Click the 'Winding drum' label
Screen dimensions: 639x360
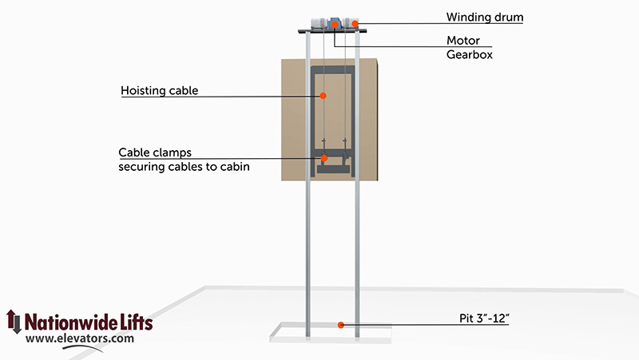pos(485,17)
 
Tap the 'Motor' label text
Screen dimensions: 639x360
pos(463,41)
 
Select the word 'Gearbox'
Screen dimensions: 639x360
pos(470,54)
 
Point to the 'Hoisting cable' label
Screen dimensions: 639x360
pos(159,91)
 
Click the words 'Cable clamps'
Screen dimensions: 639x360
pos(155,152)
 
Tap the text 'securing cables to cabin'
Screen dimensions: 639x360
pos(184,167)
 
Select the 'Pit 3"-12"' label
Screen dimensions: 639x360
pos(484,318)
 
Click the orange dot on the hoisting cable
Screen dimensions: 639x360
pos(323,96)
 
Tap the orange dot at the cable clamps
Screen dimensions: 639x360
pos(324,158)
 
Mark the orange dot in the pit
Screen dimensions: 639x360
pos(341,325)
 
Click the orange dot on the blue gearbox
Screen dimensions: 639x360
pos(335,26)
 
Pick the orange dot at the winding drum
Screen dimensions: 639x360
pos(355,24)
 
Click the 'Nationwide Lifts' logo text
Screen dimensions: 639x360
pos(89,322)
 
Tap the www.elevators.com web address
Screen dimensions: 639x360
pos(79,338)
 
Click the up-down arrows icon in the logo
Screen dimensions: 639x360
pos(14,322)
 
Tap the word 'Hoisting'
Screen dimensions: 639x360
pos(141,91)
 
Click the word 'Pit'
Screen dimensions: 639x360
pos(466,318)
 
